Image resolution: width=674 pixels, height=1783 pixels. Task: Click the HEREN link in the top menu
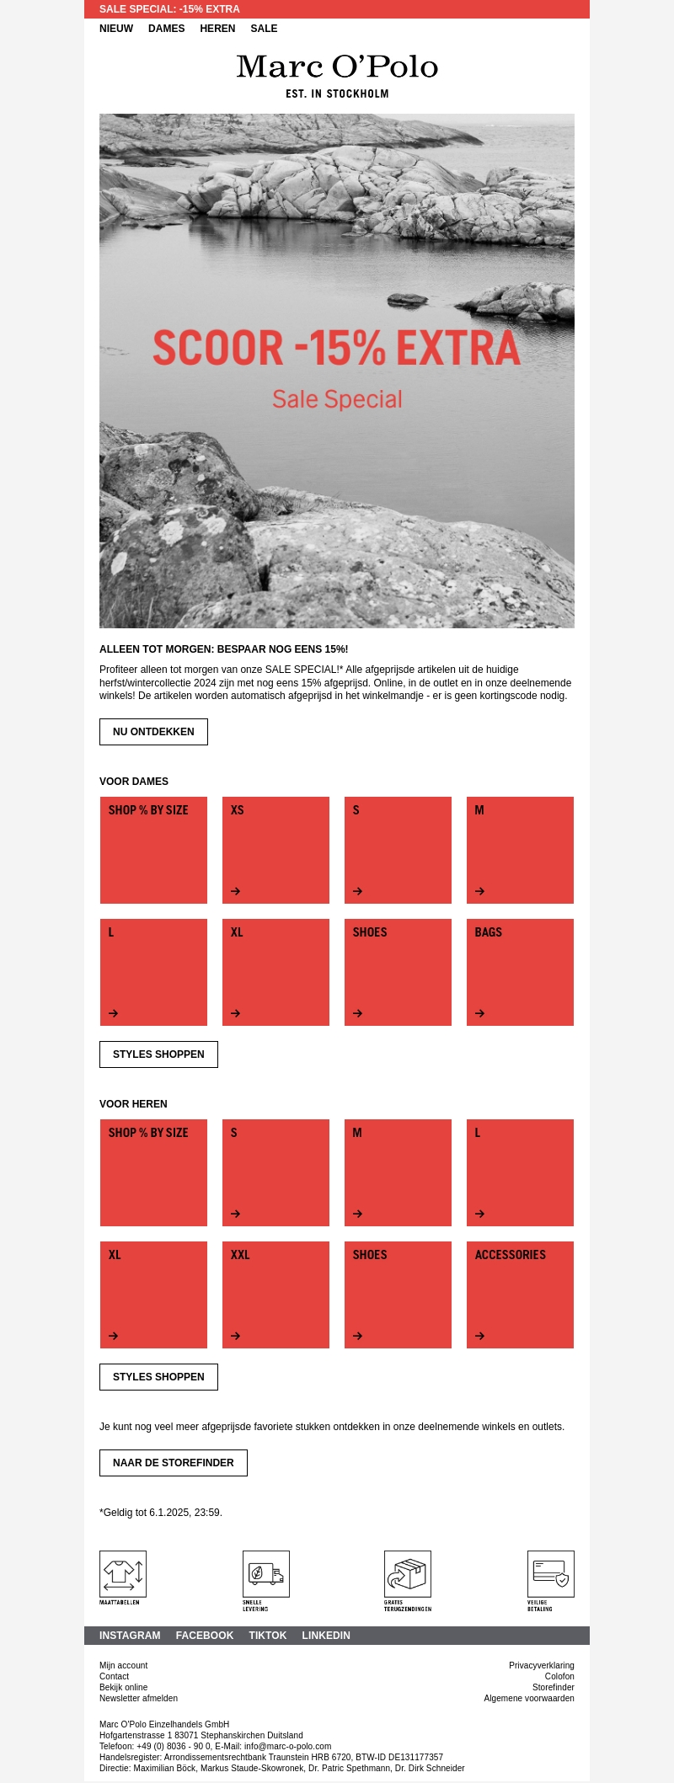coord(217,29)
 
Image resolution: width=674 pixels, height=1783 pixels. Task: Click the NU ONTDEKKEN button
coord(153,732)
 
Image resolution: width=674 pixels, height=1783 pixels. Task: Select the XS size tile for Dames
coord(275,850)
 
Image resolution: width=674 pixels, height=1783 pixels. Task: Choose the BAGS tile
coord(520,972)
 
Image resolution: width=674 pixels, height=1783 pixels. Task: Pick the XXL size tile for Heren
coord(275,1295)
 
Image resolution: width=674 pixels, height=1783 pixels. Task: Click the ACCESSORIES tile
coord(520,1295)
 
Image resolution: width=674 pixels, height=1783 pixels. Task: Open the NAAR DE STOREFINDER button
coord(173,1463)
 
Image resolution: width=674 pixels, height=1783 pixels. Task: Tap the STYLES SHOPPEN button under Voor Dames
coord(158,1054)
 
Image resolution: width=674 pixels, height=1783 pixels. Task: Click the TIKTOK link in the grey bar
coord(268,1636)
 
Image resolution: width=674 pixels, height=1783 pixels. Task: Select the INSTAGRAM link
coord(130,1636)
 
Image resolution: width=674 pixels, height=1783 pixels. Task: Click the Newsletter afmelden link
coord(138,1698)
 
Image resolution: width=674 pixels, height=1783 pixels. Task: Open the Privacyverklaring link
coord(542,1665)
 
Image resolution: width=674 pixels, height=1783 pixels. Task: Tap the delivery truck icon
coord(266,1573)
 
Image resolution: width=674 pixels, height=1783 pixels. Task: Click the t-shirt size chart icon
coord(123,1573)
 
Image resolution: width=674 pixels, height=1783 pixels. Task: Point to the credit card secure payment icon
coord(551,1573)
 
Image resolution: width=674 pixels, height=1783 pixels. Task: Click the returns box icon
coord(408,1573)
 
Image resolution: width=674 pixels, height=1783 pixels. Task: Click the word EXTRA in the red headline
coord(458,348)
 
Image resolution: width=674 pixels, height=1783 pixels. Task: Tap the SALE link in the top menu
coord(264,29)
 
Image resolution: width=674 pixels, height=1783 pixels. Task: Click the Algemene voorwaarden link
coord(529,1698)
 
